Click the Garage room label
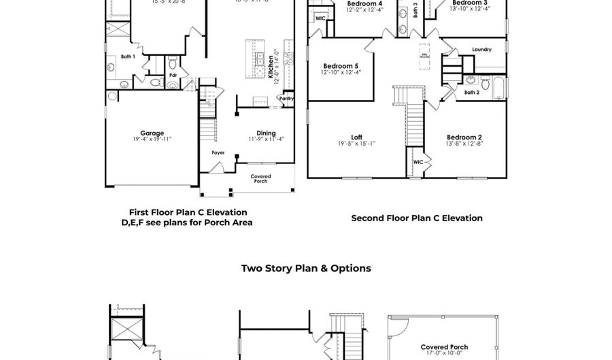(x=152, y=133)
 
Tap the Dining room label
(x=266, y=133)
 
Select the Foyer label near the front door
(x=218, y=152)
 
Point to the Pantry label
(x=286, y=98)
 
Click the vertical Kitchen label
(x=271, y=68)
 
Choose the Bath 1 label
(x=128, y=57)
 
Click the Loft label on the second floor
(x=356, y=137)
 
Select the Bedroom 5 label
(x=341, y=65)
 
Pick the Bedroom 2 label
(x=464, y=137)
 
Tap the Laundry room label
(x=481, y=50)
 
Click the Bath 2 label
(x=471, y=92)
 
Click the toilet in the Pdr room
(x=155, y=83)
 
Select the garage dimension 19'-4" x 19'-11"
(x=152, y=140)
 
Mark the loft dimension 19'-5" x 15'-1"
(x=356, y=144)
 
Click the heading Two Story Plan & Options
(x=306, y=268)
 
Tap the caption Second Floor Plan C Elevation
(x=417, y=218)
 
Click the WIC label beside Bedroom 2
(x=418, y=162)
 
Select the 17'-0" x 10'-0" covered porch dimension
(x=443, y=353)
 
